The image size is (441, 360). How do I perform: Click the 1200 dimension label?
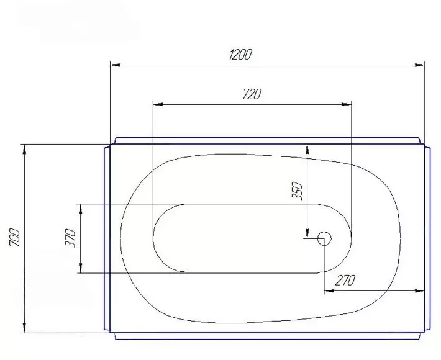point(240,55)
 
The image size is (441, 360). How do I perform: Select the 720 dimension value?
point(252,94)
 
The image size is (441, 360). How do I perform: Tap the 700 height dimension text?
point(15,238)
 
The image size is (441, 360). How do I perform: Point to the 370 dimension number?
point(71,238)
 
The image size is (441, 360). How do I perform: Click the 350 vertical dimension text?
point(297,191)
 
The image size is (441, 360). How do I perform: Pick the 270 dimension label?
point(345,280)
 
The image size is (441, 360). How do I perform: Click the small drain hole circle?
point(324,238)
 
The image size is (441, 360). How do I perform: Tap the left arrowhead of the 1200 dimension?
point(116,65)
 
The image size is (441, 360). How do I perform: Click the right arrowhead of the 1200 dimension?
point(420,65)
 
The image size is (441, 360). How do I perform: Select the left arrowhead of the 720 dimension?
point(158,104)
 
